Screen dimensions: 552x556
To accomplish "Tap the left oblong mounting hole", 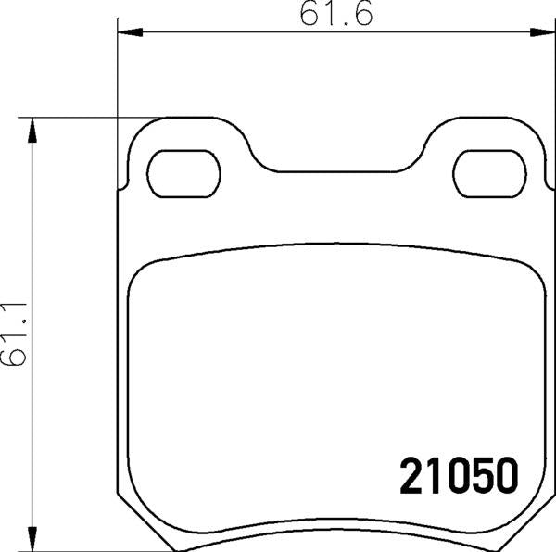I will [x=185, y=173].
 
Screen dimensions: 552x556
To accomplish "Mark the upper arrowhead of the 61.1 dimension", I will [x=34, y=128].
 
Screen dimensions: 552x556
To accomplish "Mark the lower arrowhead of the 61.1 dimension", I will [x=34, y=540].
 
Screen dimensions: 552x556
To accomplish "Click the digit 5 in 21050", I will [x=479, y=476].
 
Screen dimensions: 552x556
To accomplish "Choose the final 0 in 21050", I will [x=503, y=476].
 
